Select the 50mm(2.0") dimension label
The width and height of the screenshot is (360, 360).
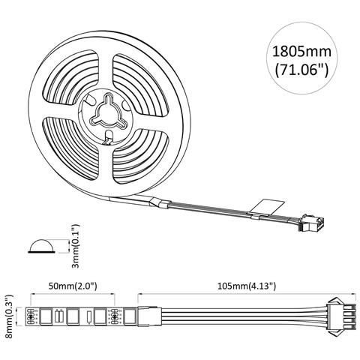point(72,286)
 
